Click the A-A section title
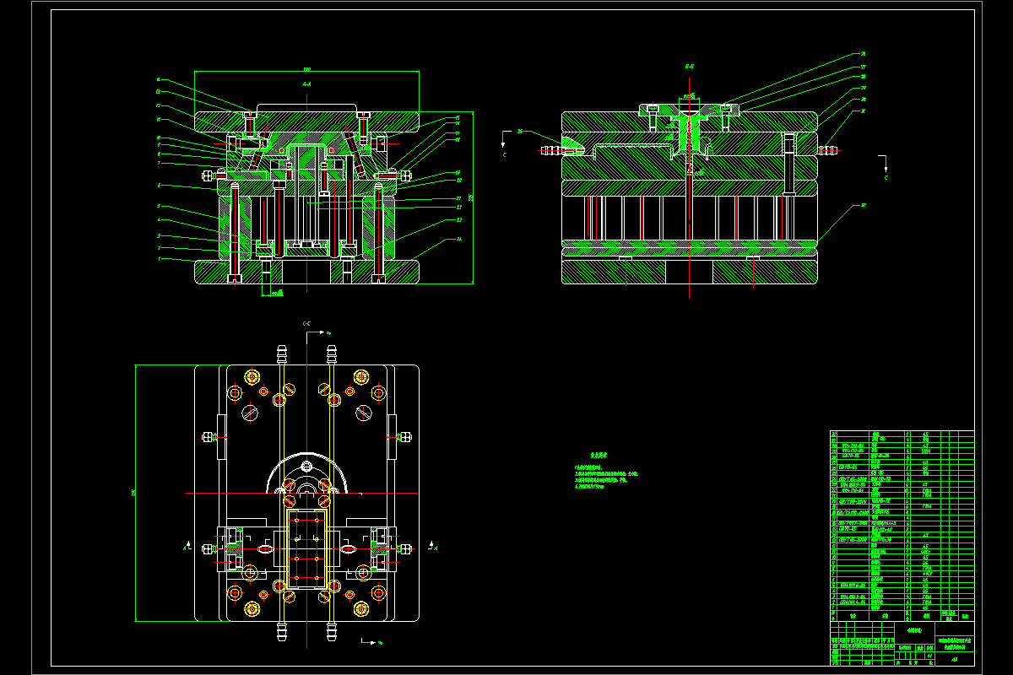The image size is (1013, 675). [306, 84]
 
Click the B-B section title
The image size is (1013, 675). [689, 65]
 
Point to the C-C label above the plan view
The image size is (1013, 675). [306, 323]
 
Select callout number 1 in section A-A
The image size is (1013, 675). [158, 259]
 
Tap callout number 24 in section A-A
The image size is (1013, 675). [458, 239]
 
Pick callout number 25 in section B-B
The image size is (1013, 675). [520, 131]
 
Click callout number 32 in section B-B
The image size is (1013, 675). [864, 205]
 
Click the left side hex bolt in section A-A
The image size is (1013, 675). [208, 175]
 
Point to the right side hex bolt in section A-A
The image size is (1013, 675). [406, 175]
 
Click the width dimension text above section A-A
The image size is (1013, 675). [307, 68]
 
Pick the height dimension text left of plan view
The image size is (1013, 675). [133, 493]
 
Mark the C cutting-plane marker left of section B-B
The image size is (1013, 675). [505, 156]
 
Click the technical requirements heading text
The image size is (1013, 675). [599, 454]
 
